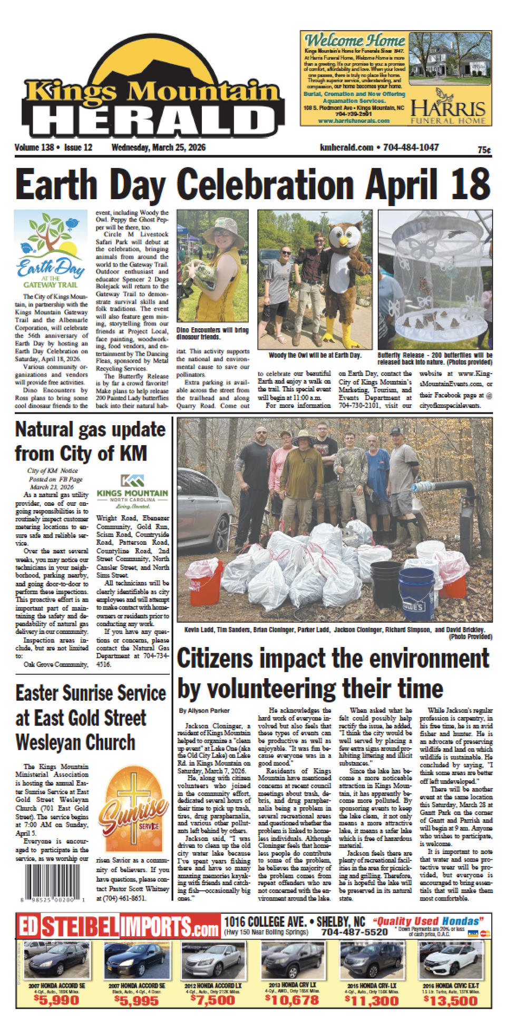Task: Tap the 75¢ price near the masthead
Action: coord(484,150)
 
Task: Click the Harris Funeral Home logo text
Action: coord(448,110)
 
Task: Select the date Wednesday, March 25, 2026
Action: coord(158,148)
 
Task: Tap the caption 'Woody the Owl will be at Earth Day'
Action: coord(315,356)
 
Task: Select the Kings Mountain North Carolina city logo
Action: coord(132,490)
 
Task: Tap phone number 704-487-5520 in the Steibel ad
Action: coord(354,932)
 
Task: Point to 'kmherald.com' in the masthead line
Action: coord(346,148)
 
